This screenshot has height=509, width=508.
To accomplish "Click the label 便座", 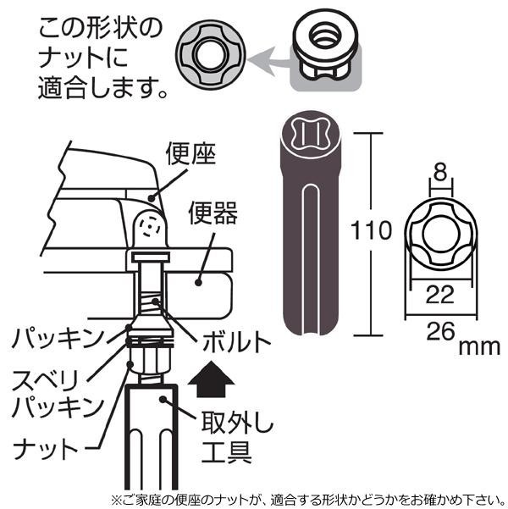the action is click(190, 154).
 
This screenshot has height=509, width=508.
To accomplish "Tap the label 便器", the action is click(213, 213).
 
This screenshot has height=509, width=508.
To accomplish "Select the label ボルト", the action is click(236, 341).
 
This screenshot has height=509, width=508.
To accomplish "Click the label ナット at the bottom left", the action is click(45, 448).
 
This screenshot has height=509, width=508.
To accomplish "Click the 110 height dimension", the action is click(372, 230).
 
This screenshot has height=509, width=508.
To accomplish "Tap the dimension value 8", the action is click(439, 173).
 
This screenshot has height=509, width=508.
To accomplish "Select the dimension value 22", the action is click(439, 295).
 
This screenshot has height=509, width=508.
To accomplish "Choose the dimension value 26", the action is click(439, 331).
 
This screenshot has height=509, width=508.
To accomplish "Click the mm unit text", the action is click(479, 347).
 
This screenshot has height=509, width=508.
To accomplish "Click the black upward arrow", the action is click(211, 379).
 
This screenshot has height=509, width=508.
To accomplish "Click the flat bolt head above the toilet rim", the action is click(151, 258).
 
